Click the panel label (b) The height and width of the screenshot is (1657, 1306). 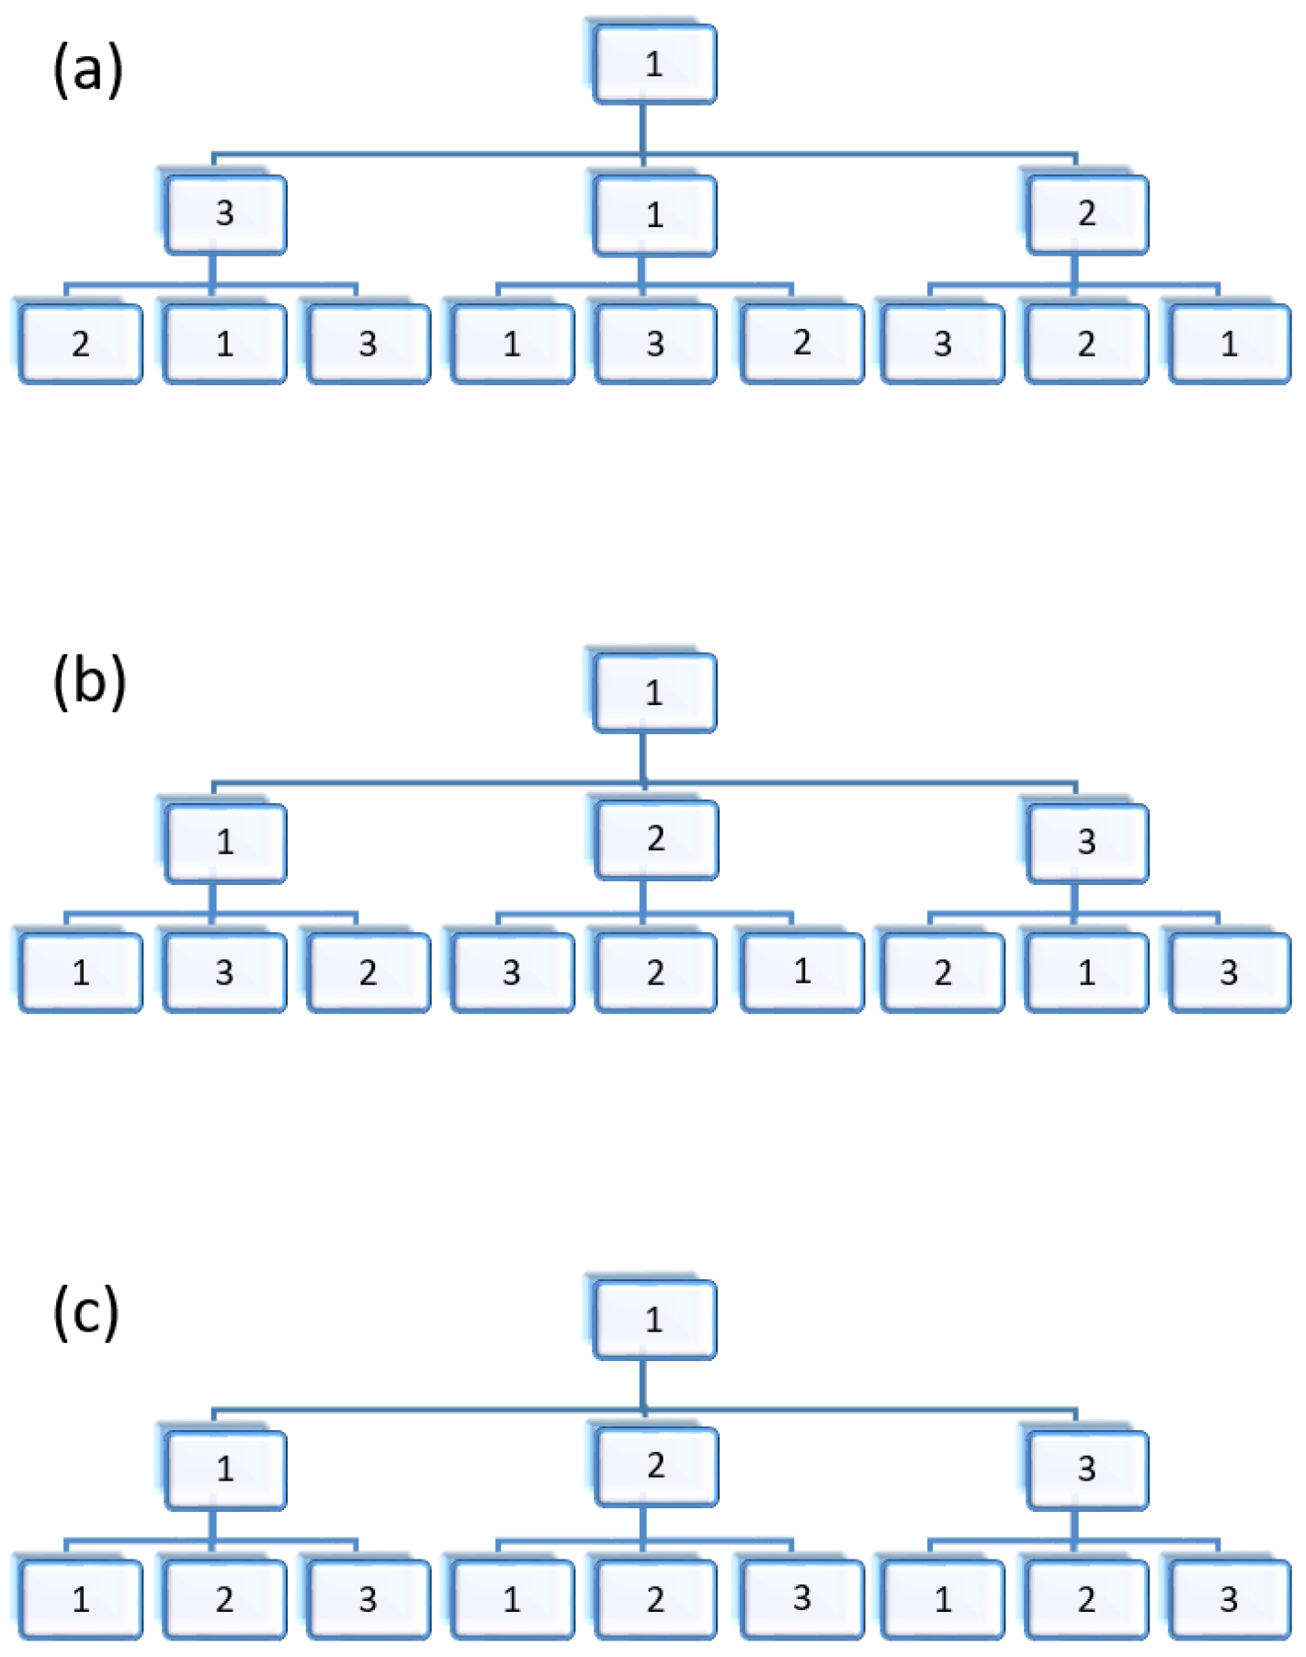coord(89,683)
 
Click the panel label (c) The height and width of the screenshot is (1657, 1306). coord(86,1311)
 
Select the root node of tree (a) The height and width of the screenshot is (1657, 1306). coord(654,64)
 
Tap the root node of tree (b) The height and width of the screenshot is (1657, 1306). coord(654,693)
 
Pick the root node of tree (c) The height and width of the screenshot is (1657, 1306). coord(654,1320)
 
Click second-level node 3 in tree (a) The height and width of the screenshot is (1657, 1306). coord(225,214)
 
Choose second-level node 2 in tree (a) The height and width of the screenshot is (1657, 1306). coord(1087,214)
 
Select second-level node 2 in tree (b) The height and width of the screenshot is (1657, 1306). coord(655,839)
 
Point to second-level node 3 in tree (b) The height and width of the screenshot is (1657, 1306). coord(1087,842)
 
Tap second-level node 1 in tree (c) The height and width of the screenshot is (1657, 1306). coord(225,1469)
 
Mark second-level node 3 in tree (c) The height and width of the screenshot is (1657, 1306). coord(1087,1469)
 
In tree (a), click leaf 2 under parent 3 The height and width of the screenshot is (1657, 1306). coord(81,344)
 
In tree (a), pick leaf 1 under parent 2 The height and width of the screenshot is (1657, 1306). coord(1230,344)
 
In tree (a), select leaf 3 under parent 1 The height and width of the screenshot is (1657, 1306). coord(655,344)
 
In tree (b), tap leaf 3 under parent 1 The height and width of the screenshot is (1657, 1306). coord(225,972)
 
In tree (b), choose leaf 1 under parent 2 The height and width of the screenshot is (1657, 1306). coord(802,971)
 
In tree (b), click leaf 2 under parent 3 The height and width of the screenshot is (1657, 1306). coord(943,972)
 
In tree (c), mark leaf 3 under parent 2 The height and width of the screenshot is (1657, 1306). coord(802,1598)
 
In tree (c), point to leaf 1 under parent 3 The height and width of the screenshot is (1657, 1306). coord(943,1599)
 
